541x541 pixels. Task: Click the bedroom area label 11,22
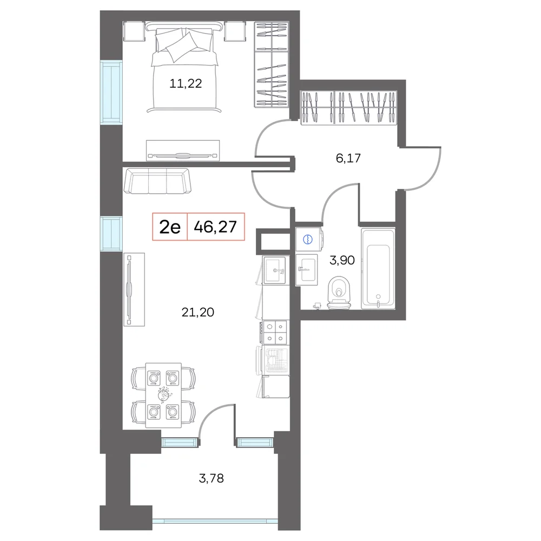[x=186, y=83]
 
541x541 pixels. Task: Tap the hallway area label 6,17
[x=348, y=158]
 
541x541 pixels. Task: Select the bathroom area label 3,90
[x=342, y=260]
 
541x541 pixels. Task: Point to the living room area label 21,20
[x=197, y=312]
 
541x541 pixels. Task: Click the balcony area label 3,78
[x=211, y=478]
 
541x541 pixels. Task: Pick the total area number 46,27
[x=215, y=227]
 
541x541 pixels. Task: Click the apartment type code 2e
[x=170, y=227]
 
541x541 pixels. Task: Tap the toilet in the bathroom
[x=339, y=293]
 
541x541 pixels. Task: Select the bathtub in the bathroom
[x=378, y=268]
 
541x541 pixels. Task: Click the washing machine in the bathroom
[x=309, y=239]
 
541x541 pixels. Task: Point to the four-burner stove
[x=275, y=332]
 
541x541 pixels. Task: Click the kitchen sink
[x=275, y=270]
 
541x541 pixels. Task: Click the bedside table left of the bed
[x=134, y=31]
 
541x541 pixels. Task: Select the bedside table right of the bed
[x=235, y=31]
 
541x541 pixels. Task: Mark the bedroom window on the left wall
[x=111, y=92]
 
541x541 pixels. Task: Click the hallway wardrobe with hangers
[x=348, y=107]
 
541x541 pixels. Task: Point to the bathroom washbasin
[x=306, y=270]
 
